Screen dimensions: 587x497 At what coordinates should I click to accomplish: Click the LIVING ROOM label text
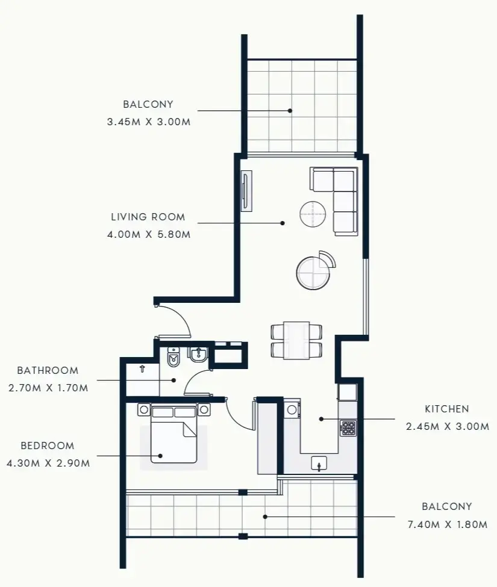click(148, 217)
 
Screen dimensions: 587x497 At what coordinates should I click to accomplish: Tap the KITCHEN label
click(446, 409)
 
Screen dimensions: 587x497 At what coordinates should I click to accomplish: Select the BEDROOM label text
click(48, 446)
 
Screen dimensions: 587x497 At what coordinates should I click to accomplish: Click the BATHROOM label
click(48, 370)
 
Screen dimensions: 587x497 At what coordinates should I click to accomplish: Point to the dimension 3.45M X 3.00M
click(148, 122)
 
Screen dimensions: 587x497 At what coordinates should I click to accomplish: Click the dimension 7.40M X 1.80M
click(447, 524)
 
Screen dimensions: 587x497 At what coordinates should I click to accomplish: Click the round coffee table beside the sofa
click(313, 213)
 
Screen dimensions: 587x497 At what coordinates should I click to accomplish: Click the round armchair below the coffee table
click(313, 272)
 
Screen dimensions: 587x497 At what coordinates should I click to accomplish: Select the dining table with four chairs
click(296, 340)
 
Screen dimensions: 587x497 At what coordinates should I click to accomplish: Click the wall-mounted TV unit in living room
click(246, 191)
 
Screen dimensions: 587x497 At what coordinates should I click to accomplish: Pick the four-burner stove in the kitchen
click(348, 427)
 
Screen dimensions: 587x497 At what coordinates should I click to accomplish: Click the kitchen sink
click(319, 462)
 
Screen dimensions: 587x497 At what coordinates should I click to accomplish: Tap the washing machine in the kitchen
click(292, 409)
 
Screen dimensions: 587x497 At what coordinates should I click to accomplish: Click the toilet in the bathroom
click(173, 358)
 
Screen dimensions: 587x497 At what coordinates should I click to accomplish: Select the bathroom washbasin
click(198, 355)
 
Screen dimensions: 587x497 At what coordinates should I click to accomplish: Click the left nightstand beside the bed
click(144, 410)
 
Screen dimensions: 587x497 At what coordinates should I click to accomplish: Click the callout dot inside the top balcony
click(290, 110)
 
